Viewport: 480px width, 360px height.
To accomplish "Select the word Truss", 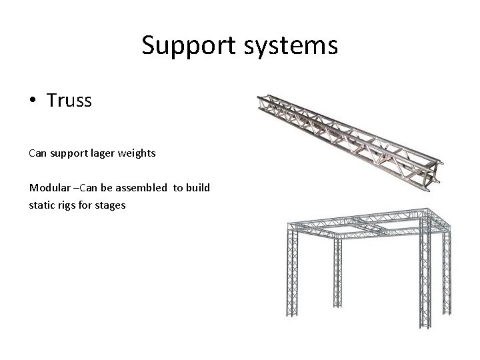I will click(x=69, y=101).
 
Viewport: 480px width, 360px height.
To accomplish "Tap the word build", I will click(x=198, y=188).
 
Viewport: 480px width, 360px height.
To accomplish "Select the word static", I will click(x=41, y=205).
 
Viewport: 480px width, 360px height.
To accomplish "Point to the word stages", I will click(x=110, y=205).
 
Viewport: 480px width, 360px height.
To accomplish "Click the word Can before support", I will click(x=38, y=154).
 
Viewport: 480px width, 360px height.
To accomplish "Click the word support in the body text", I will click(x=70, y=154).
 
